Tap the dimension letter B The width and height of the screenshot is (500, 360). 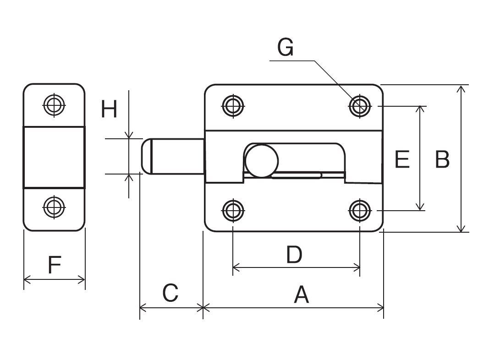click(x=442, y=159)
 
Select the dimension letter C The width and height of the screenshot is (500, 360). click(x=170, y=293)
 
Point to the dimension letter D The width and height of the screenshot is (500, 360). click(x=294, y=255)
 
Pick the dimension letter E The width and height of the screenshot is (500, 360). click(x=402, y=159)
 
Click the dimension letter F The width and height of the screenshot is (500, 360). click(x=55, y=265)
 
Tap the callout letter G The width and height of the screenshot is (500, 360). click(x=286, y=48)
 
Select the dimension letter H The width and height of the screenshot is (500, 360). click(x=109, y=109)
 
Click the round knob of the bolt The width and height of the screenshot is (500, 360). click(x=262, y=161)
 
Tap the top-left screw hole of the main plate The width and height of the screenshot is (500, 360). click(x=233, y=105)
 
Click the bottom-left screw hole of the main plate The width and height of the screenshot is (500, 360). click(x=233, y=210)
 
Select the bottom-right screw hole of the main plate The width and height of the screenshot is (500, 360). click(x=360, y=210)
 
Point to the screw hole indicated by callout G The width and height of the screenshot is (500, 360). click(x=360, y=105)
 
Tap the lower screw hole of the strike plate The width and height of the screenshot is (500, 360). click(x=54, y=207)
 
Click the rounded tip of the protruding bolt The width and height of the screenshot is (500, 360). click(x=143, y=157)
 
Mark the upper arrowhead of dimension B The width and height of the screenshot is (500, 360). click(x=461, y=89)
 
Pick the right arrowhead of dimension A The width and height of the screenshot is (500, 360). click(x=380, y=308)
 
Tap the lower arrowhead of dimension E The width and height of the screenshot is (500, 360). click(x=421, y=207)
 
